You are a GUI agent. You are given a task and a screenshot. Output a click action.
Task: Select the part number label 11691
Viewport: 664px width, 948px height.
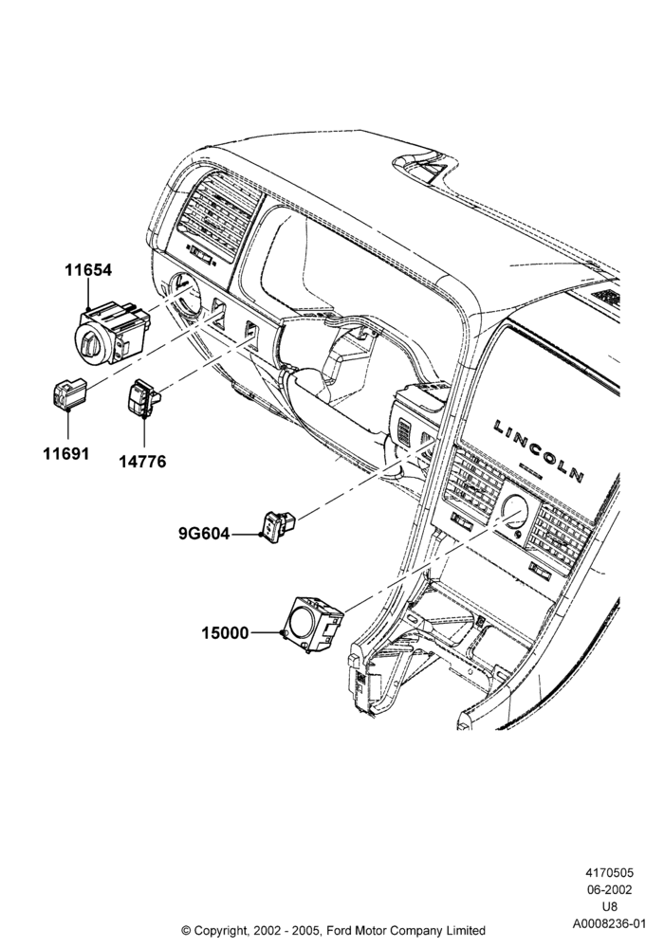[65, 453]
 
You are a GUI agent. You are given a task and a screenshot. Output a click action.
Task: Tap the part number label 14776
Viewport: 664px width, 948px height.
[142, 462]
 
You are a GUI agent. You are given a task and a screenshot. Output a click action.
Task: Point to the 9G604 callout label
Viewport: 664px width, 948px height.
[204, 534]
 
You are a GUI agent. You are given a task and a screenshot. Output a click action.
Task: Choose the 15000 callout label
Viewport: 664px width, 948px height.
[225, 633]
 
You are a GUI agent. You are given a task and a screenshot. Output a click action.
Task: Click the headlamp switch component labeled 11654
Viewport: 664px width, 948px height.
[112, 332]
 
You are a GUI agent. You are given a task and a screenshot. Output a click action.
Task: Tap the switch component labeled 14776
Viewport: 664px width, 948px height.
[144, 399]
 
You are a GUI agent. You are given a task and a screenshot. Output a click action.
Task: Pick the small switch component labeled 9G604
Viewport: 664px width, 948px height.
[279, 525]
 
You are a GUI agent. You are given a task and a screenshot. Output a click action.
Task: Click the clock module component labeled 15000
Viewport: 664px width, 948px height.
[314, 624]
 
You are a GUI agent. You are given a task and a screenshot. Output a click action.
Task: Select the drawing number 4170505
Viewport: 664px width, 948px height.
[609, 872]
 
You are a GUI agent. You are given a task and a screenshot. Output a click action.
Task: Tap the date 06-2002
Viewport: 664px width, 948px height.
[610, 889]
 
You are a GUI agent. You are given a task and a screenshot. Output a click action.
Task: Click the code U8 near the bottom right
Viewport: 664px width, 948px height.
[610, 906]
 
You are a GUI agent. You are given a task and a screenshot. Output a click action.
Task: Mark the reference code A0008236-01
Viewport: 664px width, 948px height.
[610, 923]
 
